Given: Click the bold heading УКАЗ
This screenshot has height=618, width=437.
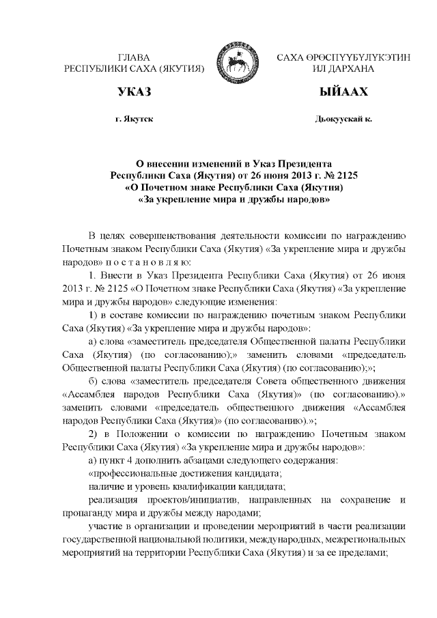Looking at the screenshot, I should pyautogui.click(x=134, y=92).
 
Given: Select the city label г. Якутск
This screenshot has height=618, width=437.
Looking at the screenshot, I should pyautogui.click(x=135, y=119).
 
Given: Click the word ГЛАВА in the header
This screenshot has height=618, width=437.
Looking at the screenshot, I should pyautogui.click(x=134, y=59).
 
